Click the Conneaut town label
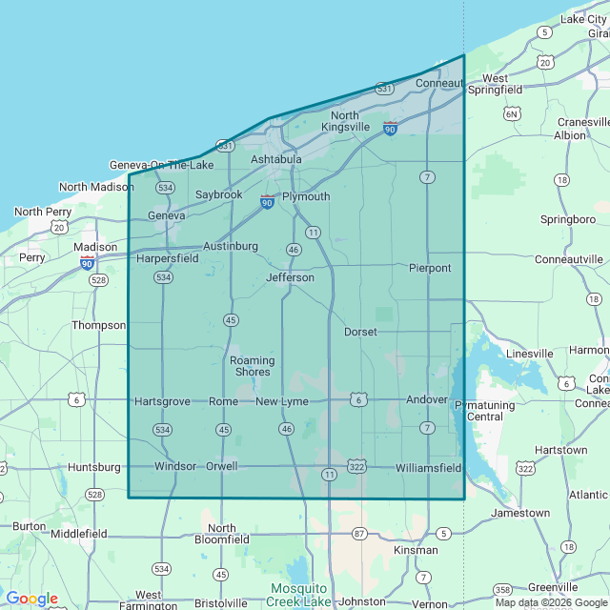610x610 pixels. [438, 83]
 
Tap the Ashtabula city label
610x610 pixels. [276, 159]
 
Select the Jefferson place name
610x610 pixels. [290, 277]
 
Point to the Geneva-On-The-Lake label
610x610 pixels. [162, 165]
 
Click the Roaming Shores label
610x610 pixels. [253, 366]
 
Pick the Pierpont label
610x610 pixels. [430, 268]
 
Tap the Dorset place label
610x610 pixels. [360, 332]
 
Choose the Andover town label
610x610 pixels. [426, 399]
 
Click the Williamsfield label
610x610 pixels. [428, 468]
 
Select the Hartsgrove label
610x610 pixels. [163, 401]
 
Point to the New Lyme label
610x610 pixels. [282, 402]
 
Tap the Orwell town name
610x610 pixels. [221, 466]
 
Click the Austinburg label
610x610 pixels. [231, 246]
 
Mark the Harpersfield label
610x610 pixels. [167, 258]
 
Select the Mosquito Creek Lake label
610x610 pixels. [299, 595]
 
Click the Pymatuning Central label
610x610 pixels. [492, 411]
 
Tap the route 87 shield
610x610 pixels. [358, 534]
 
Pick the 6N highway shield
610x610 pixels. [513, 114]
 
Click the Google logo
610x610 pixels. [31, 599]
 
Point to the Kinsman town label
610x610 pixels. [416, 550]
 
